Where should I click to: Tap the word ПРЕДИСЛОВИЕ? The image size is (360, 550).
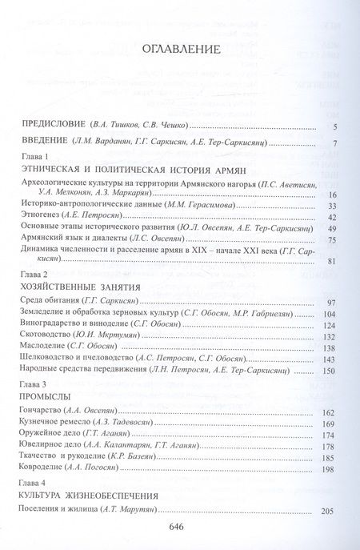tap(54, 126)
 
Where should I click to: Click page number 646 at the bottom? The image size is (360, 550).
tap(179, 526)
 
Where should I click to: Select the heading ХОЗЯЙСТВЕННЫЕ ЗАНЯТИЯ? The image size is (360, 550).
tap(86, 287)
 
